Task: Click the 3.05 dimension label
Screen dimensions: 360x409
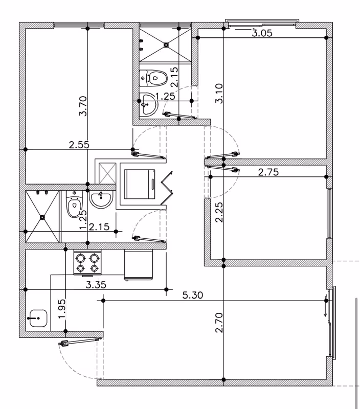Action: point(262,33)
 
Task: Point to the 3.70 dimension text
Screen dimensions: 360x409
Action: point(83,106)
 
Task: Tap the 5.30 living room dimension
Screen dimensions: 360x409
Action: point(192,295)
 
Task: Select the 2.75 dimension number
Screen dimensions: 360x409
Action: point(268,172)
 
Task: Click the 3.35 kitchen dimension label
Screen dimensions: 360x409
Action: point(96,285)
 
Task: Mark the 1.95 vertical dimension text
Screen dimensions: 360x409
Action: point(62,309)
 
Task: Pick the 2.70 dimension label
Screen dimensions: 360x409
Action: point(219,323)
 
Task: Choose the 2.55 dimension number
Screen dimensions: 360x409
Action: point(79,144)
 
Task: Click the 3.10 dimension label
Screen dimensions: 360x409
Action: point(219,94)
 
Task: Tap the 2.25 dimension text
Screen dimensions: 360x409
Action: point(219,212)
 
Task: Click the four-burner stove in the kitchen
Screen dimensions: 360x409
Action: point(87,262)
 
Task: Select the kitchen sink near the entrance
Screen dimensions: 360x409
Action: point(38,318)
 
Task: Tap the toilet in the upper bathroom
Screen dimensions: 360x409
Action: point(153,78)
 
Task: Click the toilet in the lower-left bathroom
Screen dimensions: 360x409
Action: point(74,203)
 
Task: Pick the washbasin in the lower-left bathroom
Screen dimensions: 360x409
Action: point(101,199)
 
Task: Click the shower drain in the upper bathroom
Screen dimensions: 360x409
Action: point(166,45)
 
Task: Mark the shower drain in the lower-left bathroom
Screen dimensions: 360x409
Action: point(42,217)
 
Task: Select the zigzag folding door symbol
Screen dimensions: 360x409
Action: point(167,188)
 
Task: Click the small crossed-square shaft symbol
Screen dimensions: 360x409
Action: point(107,173)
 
